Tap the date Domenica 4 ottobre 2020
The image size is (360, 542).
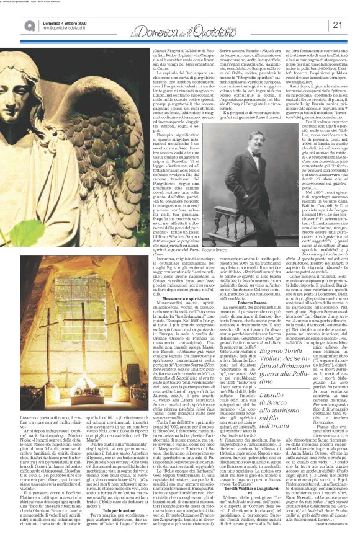point(47,21)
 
